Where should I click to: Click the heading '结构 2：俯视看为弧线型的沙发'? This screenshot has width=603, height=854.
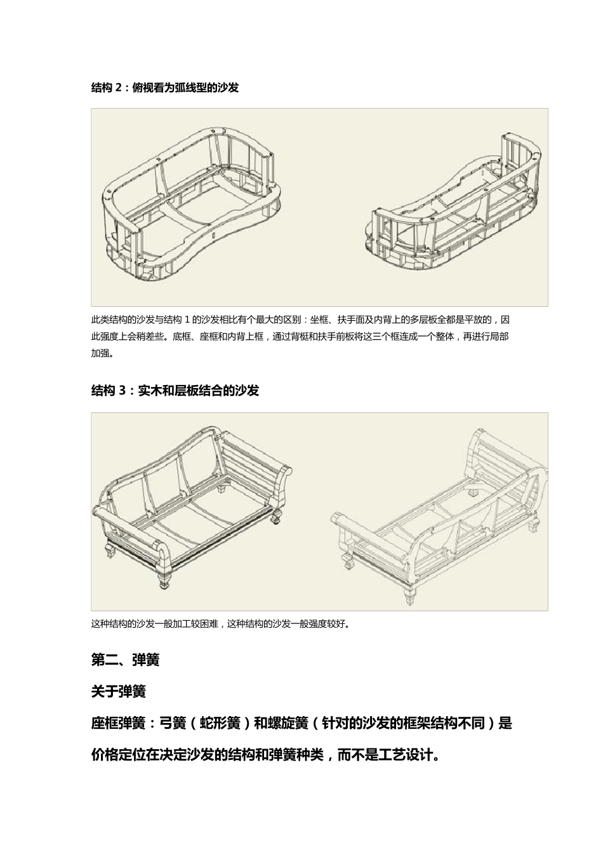point(165,88)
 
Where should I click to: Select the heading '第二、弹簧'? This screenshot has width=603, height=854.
point(125,660)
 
